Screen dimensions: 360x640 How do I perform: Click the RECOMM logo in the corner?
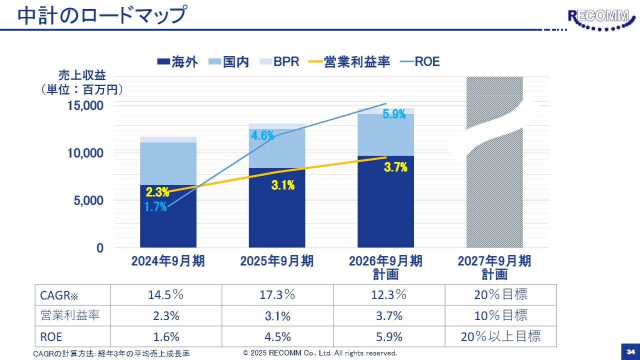click(599, 20)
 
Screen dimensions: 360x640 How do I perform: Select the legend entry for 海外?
click(177, 62)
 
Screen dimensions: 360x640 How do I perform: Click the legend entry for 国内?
click(228, 62)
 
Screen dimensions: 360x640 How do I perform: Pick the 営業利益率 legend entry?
click(349, 62)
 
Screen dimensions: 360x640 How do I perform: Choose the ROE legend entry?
click(420, 62)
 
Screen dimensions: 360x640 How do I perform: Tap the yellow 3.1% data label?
click(283, 185)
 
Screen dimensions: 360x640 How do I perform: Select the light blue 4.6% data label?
click(262, 135)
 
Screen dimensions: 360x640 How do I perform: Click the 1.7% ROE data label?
click(156, 206)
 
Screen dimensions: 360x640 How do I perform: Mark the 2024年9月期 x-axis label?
click(168, 261)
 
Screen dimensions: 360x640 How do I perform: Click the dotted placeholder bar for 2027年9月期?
click(494, 200)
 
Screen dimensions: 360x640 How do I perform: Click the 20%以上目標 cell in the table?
click(500, 336)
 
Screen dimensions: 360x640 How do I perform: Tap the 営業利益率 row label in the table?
click(70, 316)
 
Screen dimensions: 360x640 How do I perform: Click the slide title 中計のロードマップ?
click(102, 15)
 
